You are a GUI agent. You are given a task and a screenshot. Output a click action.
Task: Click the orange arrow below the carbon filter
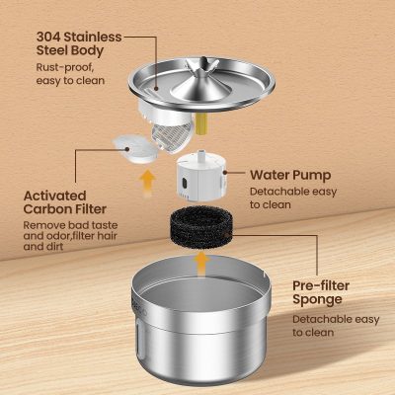(148, 180)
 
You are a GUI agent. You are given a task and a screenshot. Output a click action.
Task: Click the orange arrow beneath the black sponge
(201, 263)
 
